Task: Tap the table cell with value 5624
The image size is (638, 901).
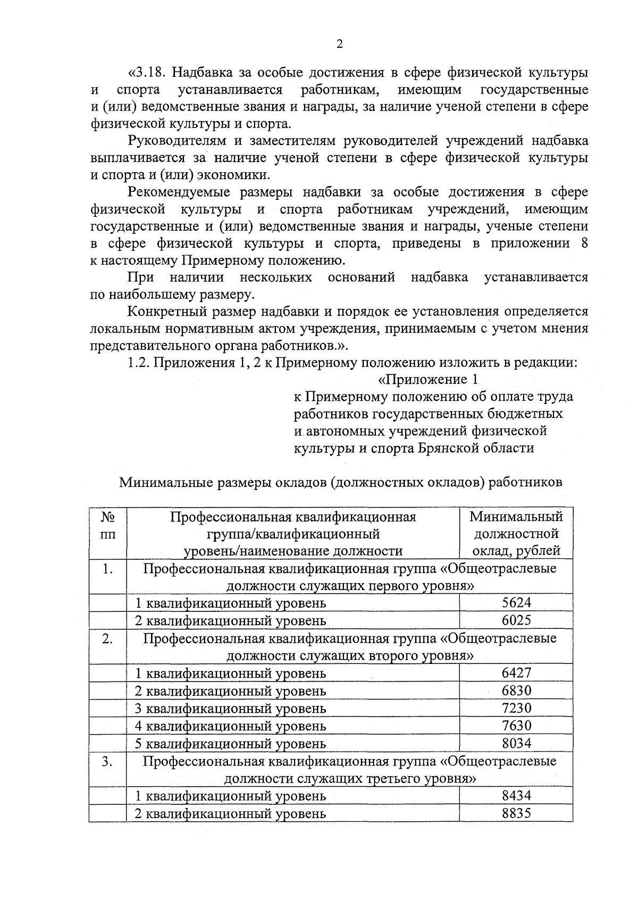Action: (x=516, y=602)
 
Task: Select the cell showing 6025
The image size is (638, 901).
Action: (x=516, y=620)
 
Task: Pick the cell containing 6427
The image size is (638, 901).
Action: (x=516, y=672)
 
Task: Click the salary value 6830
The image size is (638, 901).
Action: (x=516, y=690)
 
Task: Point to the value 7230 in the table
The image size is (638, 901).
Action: (x=516, y=708)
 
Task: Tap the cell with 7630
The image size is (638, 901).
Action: (x=516, y=725)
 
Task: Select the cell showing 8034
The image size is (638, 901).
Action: (x=516, y=743)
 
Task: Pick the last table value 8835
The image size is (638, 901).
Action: (x=516, y=813)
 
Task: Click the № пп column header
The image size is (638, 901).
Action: (x=108, y=525)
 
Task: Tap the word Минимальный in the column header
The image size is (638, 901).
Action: (x=516, y=516)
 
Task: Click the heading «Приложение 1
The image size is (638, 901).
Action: (x=428, y=380)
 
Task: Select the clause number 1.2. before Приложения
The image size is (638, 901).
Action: (x=140, y=363)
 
